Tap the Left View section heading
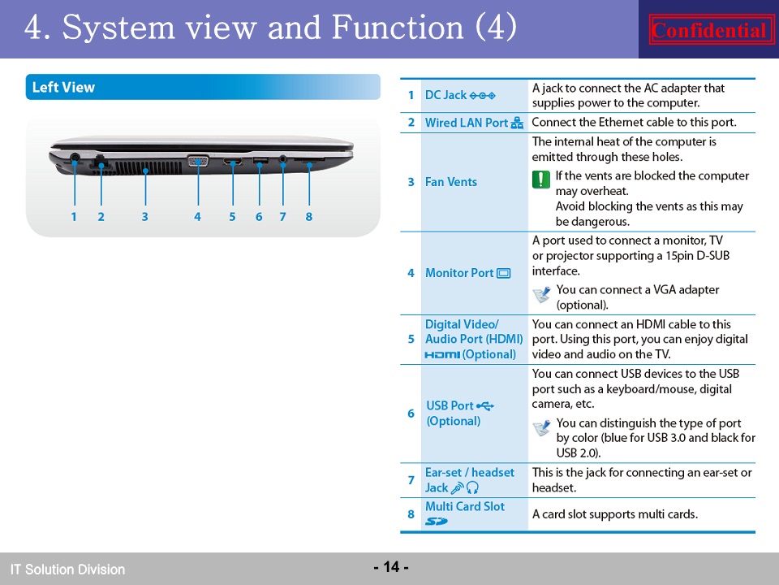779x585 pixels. coord(63,88)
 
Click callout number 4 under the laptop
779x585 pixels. coord(197,217)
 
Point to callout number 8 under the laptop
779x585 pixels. coord(309,217)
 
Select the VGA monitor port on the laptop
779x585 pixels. coord(198,161)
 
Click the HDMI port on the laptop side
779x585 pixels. coord(232,161)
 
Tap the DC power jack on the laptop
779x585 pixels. coord(75,157)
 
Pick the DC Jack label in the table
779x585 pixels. coord(445,95)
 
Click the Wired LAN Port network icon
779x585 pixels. coord(517,123)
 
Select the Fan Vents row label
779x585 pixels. coord(450,182)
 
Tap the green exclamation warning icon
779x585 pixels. coord(541,179)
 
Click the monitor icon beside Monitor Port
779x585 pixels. coord(504,273)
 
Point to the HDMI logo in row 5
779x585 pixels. coord(442,355)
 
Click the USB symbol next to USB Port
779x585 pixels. coord(485,406)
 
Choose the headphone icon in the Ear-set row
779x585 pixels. coord(472,487)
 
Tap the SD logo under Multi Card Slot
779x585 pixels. coord(437,522)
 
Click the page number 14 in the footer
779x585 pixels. coord(391,566)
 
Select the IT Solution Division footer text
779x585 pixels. coord(67,570)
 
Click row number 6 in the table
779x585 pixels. coord(411,414)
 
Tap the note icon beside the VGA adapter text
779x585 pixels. coord(541,294)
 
